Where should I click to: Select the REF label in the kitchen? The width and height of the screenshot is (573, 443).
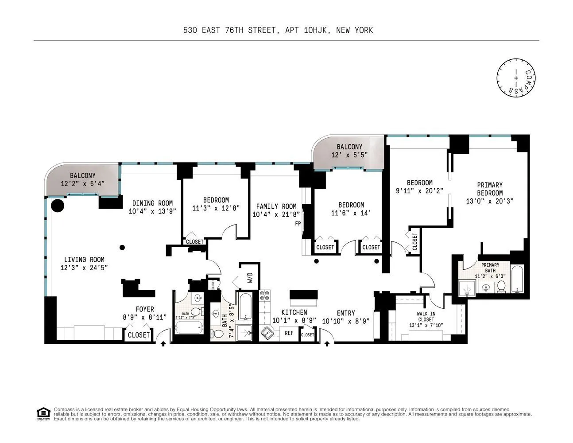click(x=289, y=333)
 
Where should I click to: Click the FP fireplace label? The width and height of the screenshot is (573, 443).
click(x=298, y=224)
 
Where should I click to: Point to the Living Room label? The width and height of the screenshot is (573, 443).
click(x=84, y=260)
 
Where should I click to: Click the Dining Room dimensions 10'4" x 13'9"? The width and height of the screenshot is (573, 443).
click(x=152, y=211)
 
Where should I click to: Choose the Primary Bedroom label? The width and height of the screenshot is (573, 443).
click(x=490, y=189)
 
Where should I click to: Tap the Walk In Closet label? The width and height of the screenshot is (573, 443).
click(x=426, y=316)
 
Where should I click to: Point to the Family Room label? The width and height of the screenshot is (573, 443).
click(x=276, y=206)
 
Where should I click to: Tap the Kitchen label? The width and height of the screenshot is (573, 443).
click(x=294, y=313)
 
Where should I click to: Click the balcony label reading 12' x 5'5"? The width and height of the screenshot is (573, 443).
click(x=349, y=155)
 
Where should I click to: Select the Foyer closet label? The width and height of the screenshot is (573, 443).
click(x=139, y=335)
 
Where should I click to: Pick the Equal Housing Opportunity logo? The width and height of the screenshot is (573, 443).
click(x=43, y=414)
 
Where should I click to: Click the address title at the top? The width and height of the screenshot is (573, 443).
click(x=278, y=30)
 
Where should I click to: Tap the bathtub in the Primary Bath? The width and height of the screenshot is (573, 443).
click(x=517, y=279)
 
